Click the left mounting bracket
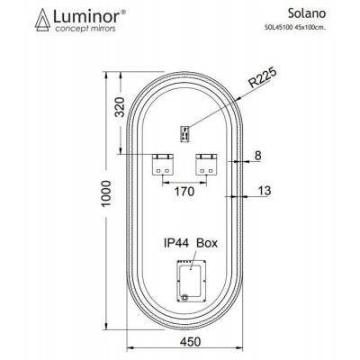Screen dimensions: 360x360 pyautogui.click(x=163, y=161)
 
